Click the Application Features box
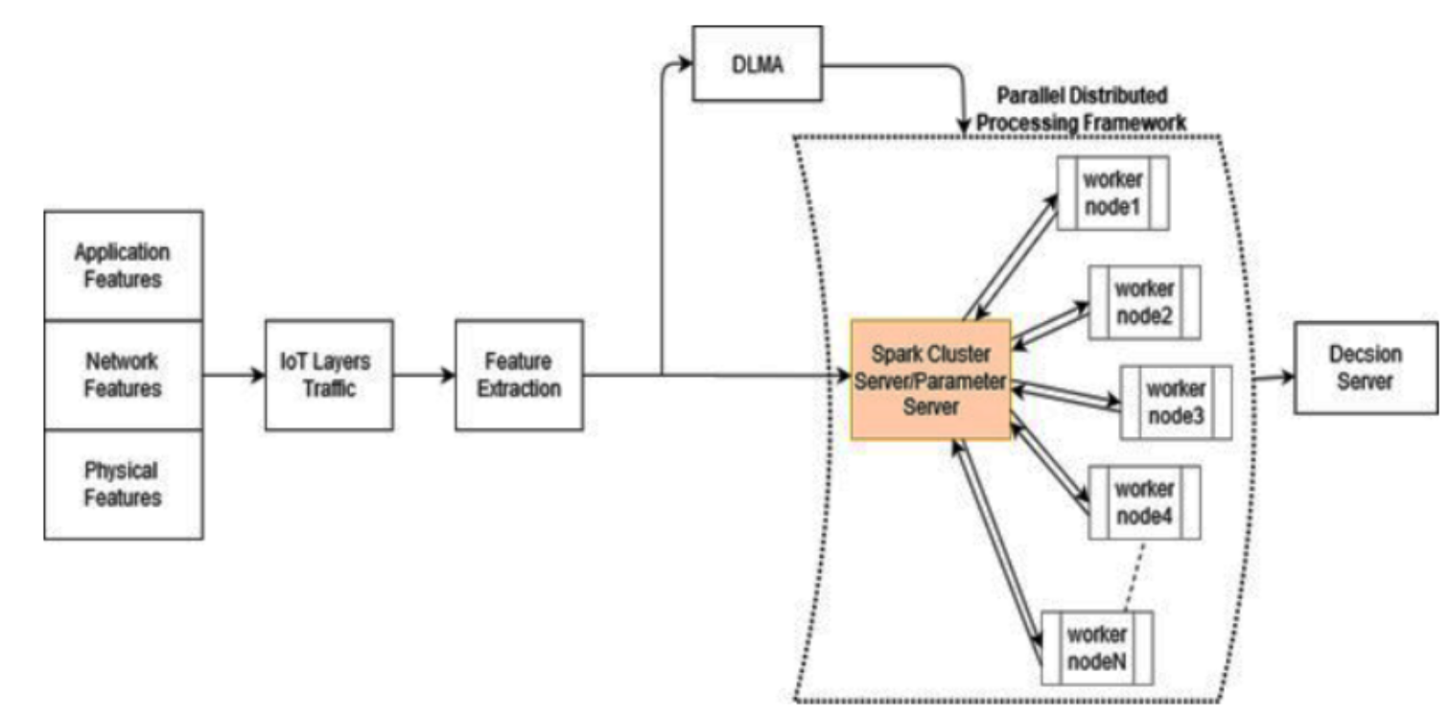[x=123, y=266]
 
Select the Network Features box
[x=123, y=375]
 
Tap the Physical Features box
[x=123, y=484]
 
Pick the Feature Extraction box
[x=518, y=375]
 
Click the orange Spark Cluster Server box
[x=930, y=380]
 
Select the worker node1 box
[x=1112, y=194]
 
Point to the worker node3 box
[x=1176, y=404]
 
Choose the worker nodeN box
[x=1097, y=647]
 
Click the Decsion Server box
[x=1367, y=367]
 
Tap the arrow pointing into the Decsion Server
[x=1274, y=378]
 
